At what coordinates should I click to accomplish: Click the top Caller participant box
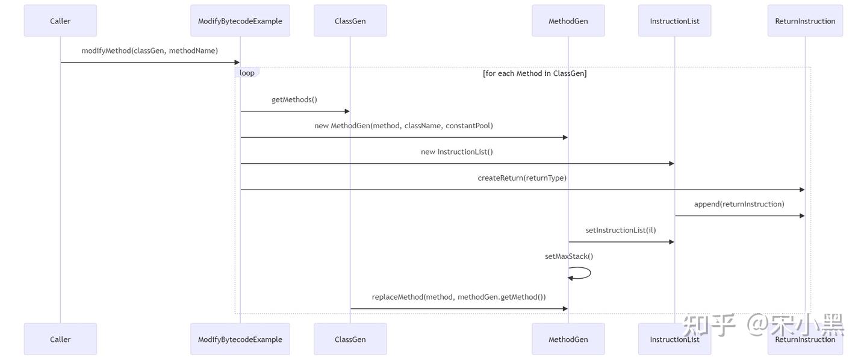[60, 21]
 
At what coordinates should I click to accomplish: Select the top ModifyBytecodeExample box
[240, 21]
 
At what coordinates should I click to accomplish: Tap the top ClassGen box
[350, 21]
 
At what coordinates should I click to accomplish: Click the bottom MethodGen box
[568, 340]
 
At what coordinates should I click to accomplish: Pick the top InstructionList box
[674, 21]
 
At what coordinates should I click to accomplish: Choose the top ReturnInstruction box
[805, 21]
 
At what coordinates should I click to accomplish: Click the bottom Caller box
[60, 340]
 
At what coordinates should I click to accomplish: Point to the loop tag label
[247, 73]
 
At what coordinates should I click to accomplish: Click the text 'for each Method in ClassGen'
[535, 73]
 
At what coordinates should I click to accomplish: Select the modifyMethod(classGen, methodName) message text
[150, 51]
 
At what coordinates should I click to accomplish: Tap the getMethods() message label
[294, 100]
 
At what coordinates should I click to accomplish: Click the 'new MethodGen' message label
[403, 126]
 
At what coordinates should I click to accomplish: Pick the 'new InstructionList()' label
[456, 152]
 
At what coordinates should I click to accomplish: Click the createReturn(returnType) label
[522, 178]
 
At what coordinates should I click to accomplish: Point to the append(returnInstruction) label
[739, 204]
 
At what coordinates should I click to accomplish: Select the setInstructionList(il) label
[621, 231]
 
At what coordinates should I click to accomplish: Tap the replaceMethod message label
[459, 297]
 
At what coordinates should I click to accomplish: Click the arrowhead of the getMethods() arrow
[347, 111]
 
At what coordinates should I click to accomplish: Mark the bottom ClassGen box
[350, 340]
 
